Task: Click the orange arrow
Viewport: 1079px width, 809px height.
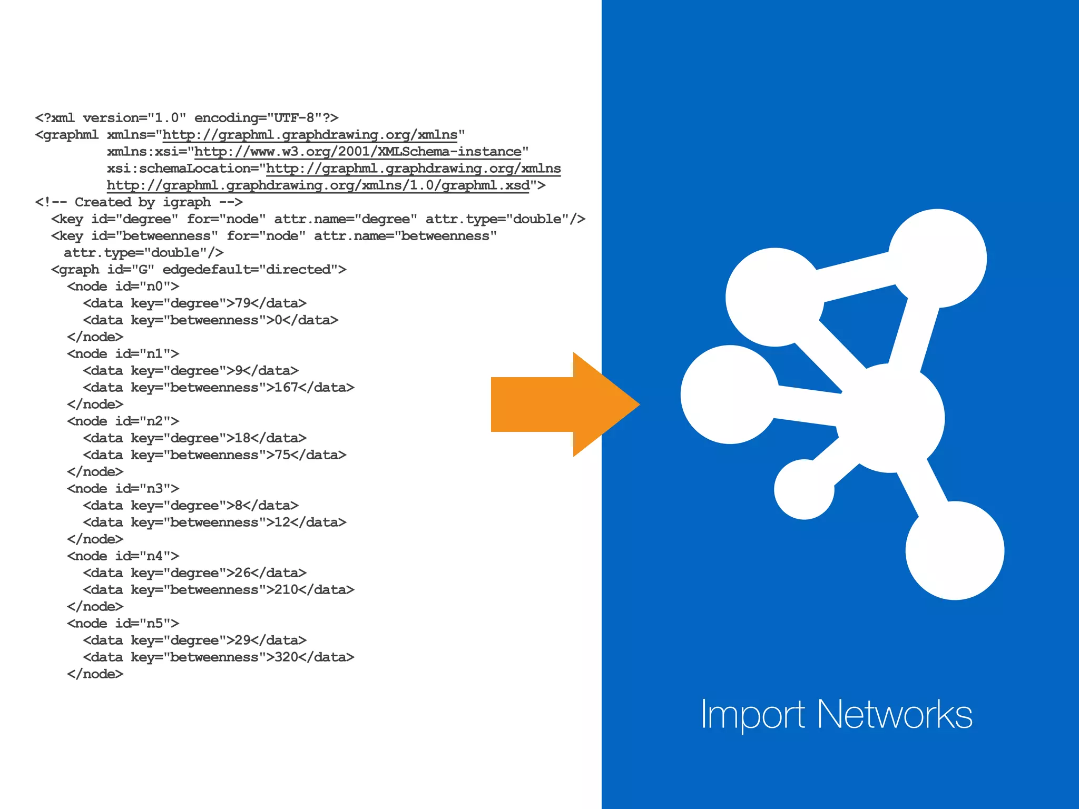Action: [x=558, y=404]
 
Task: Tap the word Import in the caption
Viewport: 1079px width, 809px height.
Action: [x=752, y=715]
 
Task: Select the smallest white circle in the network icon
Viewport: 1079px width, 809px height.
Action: [x=804, y=489]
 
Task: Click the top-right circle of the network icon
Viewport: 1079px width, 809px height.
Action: [x=938, y=258]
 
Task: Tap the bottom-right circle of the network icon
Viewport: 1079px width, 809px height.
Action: [x=955, y=550]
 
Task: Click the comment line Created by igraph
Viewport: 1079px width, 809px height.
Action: [x=139, y=202]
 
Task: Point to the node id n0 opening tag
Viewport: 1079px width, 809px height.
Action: [x=123, y=287]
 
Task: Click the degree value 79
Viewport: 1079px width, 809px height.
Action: [x=242, y=303]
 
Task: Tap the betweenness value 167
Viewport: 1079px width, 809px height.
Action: [x=286, y=388]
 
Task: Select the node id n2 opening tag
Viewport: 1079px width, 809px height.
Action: [x=123, y=421]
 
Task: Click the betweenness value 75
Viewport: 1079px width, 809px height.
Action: [x=282, y=455]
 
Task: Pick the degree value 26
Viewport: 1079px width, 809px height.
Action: [x=242, y=573]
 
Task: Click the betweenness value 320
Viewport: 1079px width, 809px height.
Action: [x=286, y=657]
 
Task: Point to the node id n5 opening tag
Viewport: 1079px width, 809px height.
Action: [x=123, y=624]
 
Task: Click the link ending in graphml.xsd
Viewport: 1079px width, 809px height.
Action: [x=318, y=185]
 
